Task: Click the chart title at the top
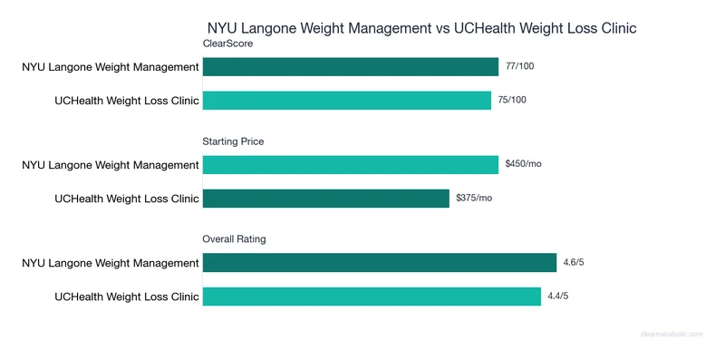(x=422, y=28)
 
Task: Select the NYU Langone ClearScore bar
(x=351, y=66)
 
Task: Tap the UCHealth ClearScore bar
(x=347, y=100)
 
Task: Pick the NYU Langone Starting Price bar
(x=351, y=164)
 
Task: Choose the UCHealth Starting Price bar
(x=326, y=198)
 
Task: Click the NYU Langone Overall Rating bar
(x=380, y=262)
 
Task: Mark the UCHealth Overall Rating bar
(x=372, y=296)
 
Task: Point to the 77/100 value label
(x=519, y=66)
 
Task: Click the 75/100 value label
(x=512, y=100)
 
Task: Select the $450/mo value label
(x=523, y=164)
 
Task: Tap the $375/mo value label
(x=474, y=198)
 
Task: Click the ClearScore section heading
(x=228, y=43)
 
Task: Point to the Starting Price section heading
(x=234, y=141)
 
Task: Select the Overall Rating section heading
(x=234, y=238)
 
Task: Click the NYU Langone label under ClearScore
(x=111, y=66)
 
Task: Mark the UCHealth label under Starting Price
(x=127, y=198)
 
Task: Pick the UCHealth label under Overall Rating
(x=127, y=296)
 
